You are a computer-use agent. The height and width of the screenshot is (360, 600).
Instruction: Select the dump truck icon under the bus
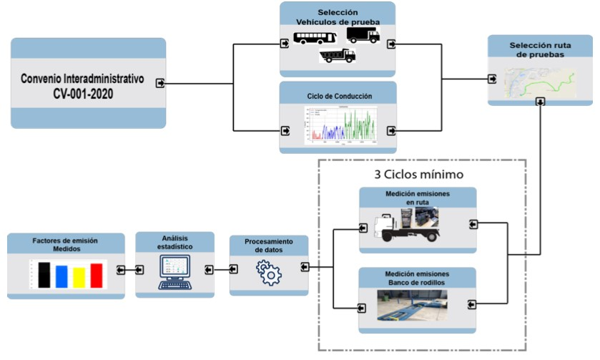(x=337, y=56)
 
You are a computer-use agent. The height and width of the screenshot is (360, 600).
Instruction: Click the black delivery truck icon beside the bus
(x=363, y=34)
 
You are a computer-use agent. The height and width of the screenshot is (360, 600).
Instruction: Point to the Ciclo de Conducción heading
(x=337, y=97)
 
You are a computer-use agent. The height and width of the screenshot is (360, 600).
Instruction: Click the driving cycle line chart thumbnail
(x=338, y=127)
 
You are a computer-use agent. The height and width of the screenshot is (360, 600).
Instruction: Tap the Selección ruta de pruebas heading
(x=541, y=50)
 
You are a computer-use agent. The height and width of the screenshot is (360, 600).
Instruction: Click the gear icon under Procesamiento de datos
(x=269, y=273)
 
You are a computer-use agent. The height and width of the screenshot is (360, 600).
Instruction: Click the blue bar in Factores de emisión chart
(x=62, y=276)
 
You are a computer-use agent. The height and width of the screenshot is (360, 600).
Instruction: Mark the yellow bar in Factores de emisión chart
(x=79, y=277)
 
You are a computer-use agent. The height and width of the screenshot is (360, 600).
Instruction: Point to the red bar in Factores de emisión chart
(x=97, y=275)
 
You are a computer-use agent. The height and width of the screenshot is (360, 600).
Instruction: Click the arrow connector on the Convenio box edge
(x=161, y=84)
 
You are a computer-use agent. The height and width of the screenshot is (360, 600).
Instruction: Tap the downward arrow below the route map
(x=540, y=102)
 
